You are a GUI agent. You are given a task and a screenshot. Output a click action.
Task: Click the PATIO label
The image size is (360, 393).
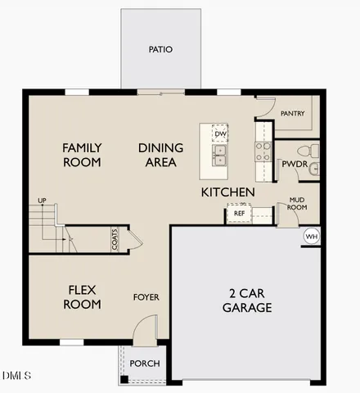click(160, 49)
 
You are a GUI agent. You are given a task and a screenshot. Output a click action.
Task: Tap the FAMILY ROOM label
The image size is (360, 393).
click(83, 155)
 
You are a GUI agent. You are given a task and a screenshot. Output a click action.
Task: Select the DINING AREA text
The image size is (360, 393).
click(160, 155)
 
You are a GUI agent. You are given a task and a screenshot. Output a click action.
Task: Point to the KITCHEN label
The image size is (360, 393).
click(228, 192)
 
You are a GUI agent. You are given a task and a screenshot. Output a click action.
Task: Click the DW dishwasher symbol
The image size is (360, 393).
click(220, 133)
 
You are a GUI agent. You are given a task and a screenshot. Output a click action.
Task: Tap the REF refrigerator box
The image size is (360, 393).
click(239, 214)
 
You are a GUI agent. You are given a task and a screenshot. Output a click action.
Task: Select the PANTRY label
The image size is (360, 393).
click(292, 113)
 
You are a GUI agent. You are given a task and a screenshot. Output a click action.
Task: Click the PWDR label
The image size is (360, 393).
click(294, 164)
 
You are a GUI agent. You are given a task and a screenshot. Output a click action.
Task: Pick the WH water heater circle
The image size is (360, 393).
click(311, 236)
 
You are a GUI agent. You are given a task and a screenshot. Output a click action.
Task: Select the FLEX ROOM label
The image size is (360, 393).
click(83, 296)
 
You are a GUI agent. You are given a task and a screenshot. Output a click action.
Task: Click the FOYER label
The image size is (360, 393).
click(146, 297)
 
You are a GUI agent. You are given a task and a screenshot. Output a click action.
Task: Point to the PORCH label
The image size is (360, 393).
click(145, 364)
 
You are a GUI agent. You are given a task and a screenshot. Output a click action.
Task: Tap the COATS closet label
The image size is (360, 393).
click(115, 240)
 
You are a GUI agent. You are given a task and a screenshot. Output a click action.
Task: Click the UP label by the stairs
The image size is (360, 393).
click(42, 200)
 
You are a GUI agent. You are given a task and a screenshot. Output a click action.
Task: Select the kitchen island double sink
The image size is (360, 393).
click(220, 153)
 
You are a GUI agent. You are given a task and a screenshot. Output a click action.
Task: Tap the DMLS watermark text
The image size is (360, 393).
click(16, 376)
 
